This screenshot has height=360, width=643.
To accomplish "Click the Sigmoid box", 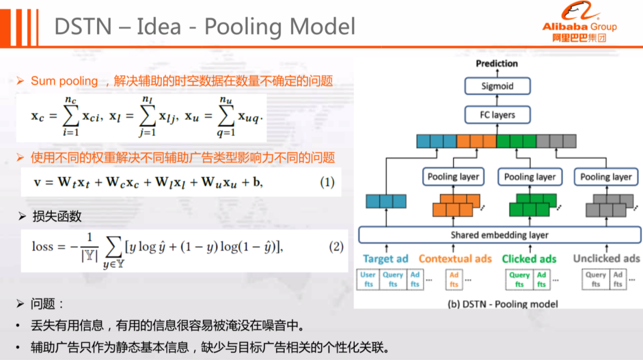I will click(497, 86).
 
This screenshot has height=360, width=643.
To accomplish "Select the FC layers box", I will click(497, 115).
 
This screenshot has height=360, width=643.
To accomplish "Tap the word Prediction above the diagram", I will click(497, 64).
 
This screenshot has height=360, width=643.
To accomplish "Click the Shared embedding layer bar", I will click(499, 235).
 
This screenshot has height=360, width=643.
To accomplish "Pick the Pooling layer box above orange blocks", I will click(453, 177).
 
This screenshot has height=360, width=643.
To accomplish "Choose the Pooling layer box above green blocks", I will click(530, 177).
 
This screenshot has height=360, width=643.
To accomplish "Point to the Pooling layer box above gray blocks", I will click(605, 177).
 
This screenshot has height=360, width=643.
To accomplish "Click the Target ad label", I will click(386, 259).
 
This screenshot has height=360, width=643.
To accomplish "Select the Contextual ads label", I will click(455, 259).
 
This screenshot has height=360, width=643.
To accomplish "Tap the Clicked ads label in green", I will click(529, 259).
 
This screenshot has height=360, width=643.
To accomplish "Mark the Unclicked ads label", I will click(606, 259).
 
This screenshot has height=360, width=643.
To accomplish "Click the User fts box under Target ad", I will click(369, 280).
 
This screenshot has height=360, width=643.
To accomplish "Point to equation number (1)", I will click(327, 183).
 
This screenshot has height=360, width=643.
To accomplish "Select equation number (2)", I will click(336, 246).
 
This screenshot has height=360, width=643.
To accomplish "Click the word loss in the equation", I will click(43, 246).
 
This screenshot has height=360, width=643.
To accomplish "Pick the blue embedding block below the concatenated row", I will click(386, 201).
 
